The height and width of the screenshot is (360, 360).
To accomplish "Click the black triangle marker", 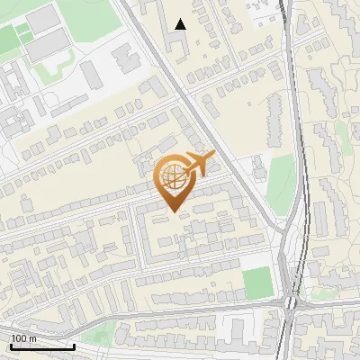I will coord(181,25).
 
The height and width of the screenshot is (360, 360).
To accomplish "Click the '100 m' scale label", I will coord(23,338).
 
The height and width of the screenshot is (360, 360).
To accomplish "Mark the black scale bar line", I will coord(41,346).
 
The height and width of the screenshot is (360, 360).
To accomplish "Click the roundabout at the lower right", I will coord(291,302).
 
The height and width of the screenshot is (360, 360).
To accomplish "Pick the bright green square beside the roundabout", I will coord(257,283).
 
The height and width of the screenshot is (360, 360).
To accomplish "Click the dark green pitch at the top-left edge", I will coord(7,40).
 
